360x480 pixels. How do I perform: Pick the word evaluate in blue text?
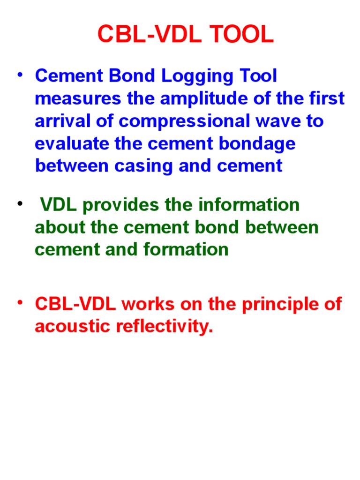[68, 143]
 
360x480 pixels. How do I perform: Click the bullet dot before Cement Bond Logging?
[20, 75]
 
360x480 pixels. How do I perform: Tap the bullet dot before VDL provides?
[20, 203]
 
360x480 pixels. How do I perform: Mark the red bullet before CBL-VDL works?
[20, 303]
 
